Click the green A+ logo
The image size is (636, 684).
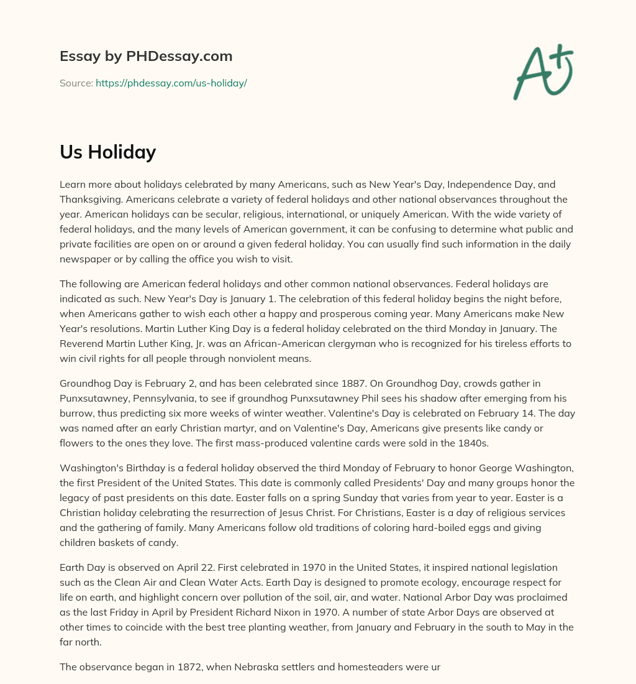pos(543,72)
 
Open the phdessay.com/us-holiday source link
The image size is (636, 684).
pos(171,83)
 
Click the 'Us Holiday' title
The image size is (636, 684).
pos(107,152)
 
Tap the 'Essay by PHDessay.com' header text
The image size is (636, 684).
pos(146,56)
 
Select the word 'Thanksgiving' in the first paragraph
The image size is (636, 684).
pos(89,200)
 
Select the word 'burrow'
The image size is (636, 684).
pos(76,414)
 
